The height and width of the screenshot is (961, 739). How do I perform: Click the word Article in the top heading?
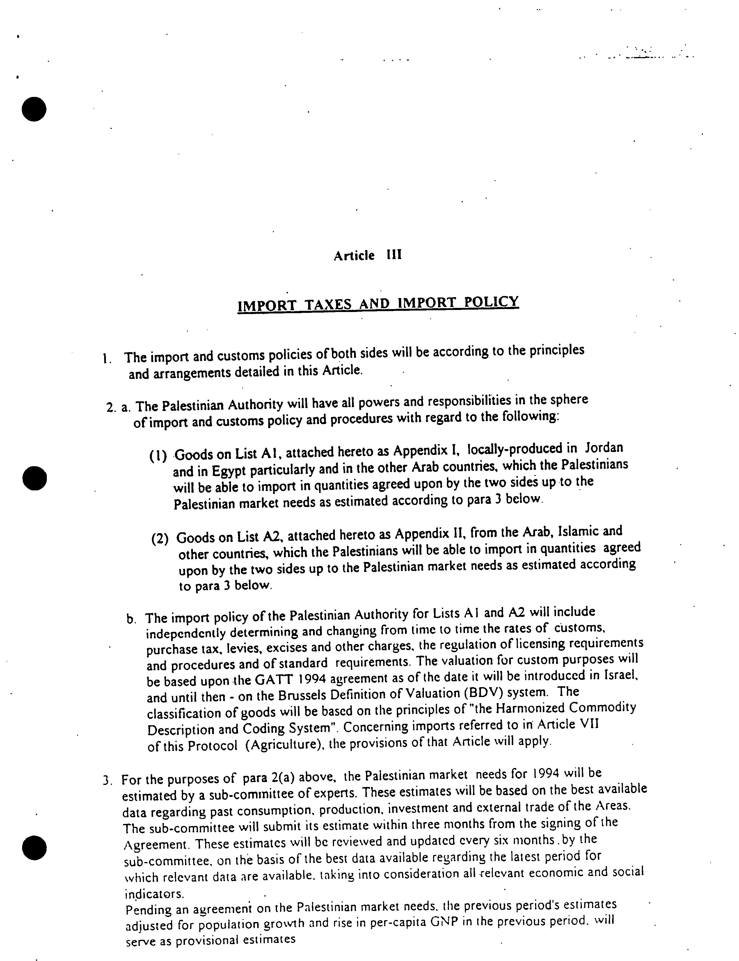click(x=354, y=256)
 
